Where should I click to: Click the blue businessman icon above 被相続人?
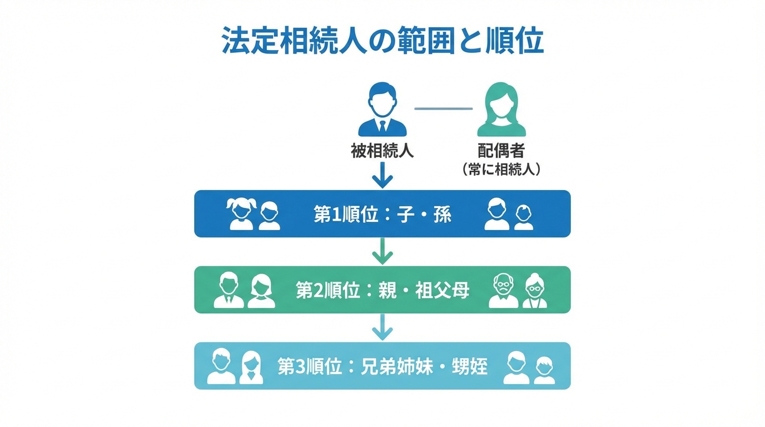382,110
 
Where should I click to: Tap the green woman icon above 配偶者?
501,110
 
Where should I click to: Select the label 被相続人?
382,151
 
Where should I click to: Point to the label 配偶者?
501,151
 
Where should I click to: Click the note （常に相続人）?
501,170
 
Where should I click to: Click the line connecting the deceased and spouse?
443,108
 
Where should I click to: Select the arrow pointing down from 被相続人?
383,176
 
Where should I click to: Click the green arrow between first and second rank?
383,251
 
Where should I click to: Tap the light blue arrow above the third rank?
383,327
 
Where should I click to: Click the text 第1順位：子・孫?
383,215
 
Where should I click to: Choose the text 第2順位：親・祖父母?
383,290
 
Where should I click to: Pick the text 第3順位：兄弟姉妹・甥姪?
383,366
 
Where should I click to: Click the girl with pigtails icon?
241,215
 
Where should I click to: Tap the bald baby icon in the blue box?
524,217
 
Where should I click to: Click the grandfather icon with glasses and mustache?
503,291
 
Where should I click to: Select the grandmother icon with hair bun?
535,291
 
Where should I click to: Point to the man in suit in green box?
228,290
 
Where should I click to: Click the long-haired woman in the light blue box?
251,367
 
